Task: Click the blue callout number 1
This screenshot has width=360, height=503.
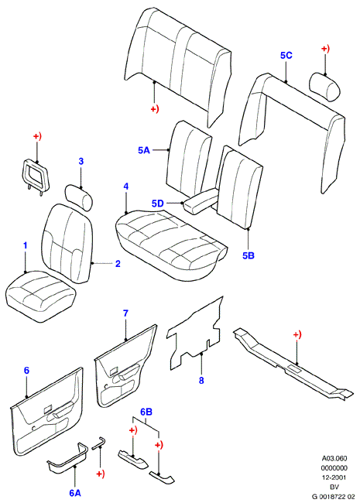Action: coord(26,246)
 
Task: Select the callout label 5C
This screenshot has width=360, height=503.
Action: coord(286,55)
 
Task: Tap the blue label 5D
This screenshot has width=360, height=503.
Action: coord(157,204)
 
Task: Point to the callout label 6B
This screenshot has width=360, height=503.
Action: coord(146,412)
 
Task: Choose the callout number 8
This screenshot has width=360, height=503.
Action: coord(201,381)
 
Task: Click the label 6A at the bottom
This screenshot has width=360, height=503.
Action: coord(75,493)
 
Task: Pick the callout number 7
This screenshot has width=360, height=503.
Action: coord(125,313)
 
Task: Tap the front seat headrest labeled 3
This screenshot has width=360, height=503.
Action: coord(79,197)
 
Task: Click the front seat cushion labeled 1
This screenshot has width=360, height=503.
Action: coord(40,296)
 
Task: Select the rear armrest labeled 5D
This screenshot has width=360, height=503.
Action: coord(201,201)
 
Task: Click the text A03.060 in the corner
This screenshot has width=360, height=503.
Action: coord(334,458)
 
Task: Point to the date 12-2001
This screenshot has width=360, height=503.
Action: coord(334,477)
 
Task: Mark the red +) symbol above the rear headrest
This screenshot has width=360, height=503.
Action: coord(325,49)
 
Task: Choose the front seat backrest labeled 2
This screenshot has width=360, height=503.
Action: coord(68,244)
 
